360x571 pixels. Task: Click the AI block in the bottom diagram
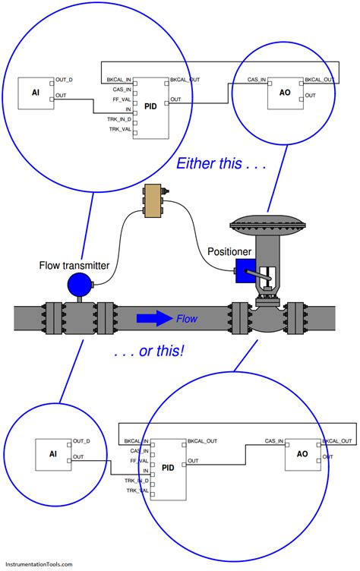coord(53,453)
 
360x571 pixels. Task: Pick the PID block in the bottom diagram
coord(168,468)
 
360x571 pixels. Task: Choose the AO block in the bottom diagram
coord(302,453)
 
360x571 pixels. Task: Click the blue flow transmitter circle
coord(79,284)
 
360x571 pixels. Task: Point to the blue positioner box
coord(245,272)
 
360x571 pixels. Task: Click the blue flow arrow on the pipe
coord(154,318)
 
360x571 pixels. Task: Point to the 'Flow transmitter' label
coord(74,265)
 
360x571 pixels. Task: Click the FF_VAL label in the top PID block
coord(122,99)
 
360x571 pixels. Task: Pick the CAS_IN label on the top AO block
coord(257,79)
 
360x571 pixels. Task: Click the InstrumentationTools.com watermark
coord(37,564)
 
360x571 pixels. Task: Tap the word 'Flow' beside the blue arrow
coord(187,319)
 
